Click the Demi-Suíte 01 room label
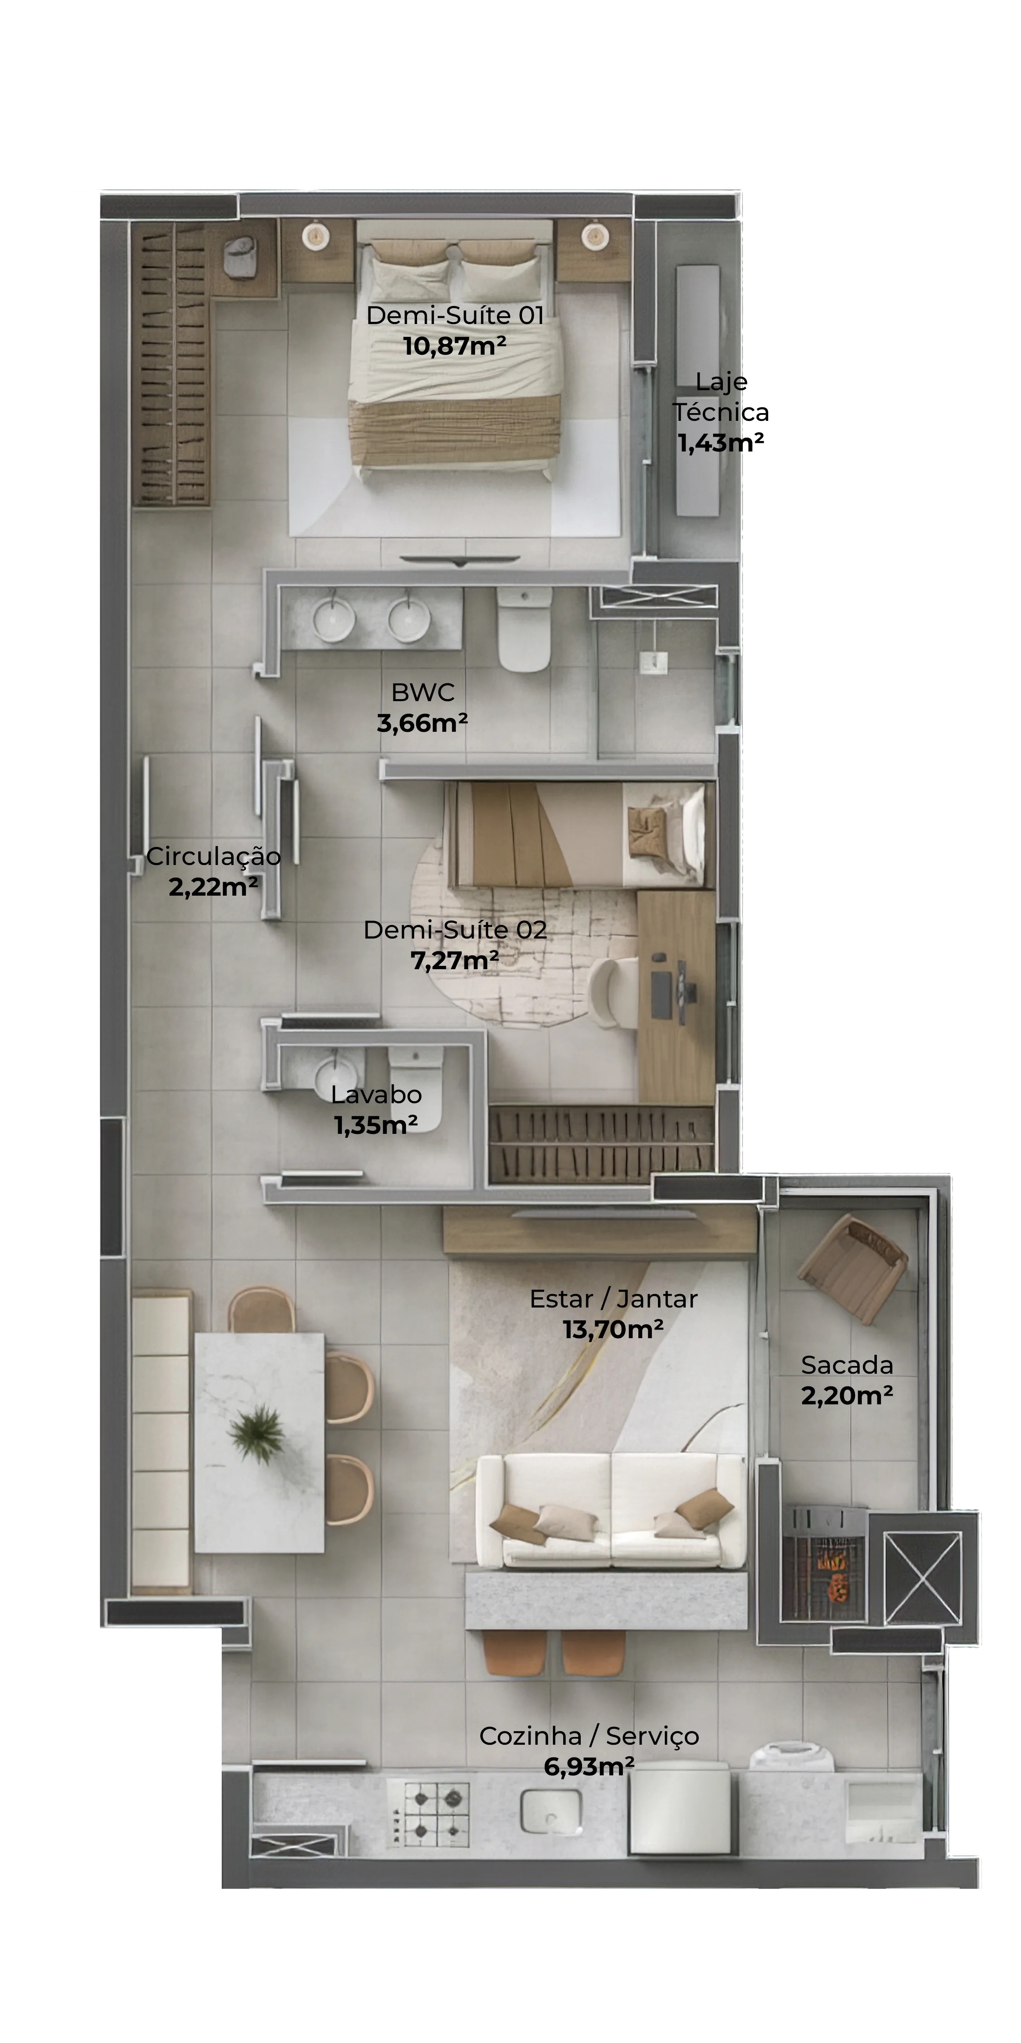pyautogui.click(x=455, y=316)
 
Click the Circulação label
pyautogui.click(x=213, y=856)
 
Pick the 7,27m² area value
pyautogui.click(x=454, y=961)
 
